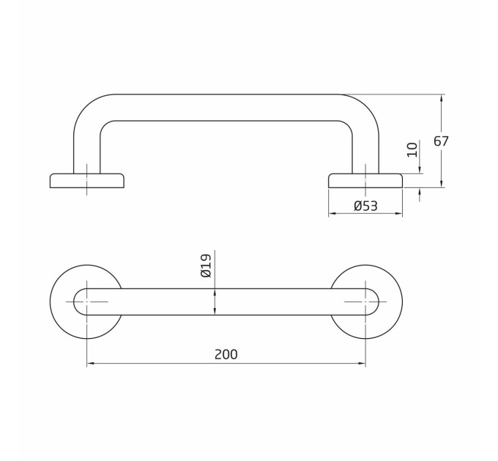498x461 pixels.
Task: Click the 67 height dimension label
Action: point(441,141)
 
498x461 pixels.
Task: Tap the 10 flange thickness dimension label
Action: point(412,150)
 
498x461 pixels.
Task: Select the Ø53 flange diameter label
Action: point(365,206)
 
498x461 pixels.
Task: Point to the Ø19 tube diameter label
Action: point(206,266)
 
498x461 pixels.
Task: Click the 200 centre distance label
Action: point(226,354)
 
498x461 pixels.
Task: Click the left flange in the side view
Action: point(86,181)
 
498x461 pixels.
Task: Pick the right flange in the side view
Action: point(365,181)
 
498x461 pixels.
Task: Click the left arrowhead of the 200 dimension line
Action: point(90,363)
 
